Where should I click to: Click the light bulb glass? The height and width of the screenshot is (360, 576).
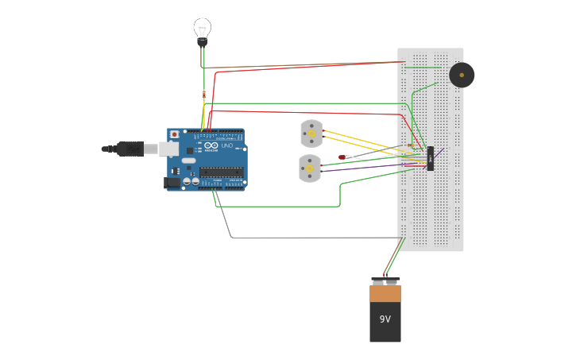point(203,28)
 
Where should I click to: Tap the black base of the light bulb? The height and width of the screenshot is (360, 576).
point(203,43)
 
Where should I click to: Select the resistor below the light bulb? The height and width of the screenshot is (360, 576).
point(204,95)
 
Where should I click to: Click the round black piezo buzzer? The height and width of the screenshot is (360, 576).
point(462,75)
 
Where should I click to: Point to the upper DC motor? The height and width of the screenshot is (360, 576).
point(311,134)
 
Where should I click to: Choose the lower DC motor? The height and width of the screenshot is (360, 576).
point(309,168)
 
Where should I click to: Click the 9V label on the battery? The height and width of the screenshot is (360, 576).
point(385,319)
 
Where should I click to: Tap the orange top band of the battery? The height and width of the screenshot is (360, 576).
point(385,293)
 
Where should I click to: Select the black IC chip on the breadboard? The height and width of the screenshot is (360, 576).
point(430,158)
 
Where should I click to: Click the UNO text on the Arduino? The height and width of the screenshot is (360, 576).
point(226,145)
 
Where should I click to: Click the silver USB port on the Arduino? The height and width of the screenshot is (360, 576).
point(169,149)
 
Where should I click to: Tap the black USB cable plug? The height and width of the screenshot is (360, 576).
point(130,149)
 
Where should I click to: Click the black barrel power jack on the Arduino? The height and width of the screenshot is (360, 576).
point(171,183)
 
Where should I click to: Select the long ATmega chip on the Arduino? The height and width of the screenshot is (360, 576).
point(221,172)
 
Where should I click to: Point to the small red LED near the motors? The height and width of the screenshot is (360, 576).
point(342,157)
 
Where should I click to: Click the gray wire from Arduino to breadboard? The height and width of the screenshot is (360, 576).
point(318,238)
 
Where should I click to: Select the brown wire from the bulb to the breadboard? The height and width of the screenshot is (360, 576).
point(302,65)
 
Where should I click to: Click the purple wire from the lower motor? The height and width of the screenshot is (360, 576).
point(365,168)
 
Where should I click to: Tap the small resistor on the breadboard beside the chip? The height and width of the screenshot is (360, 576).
point(412,145)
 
